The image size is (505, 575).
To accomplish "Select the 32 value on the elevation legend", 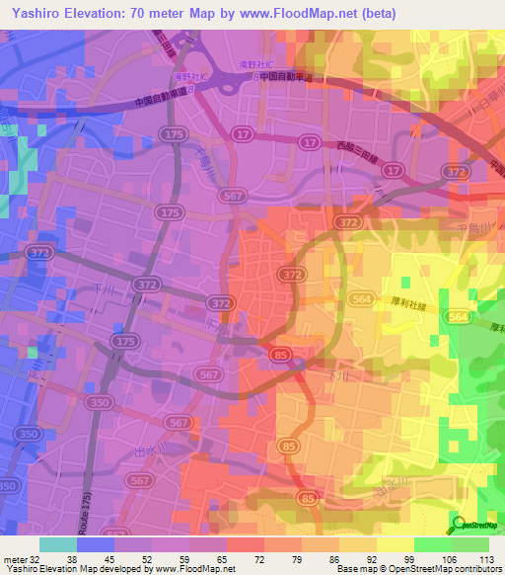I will tap(36, 558).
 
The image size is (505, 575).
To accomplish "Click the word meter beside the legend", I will tap(15, 558).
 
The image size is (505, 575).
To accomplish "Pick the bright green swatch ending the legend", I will tap(470, 544).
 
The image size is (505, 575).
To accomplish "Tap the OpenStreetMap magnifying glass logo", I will tap(460, 525).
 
